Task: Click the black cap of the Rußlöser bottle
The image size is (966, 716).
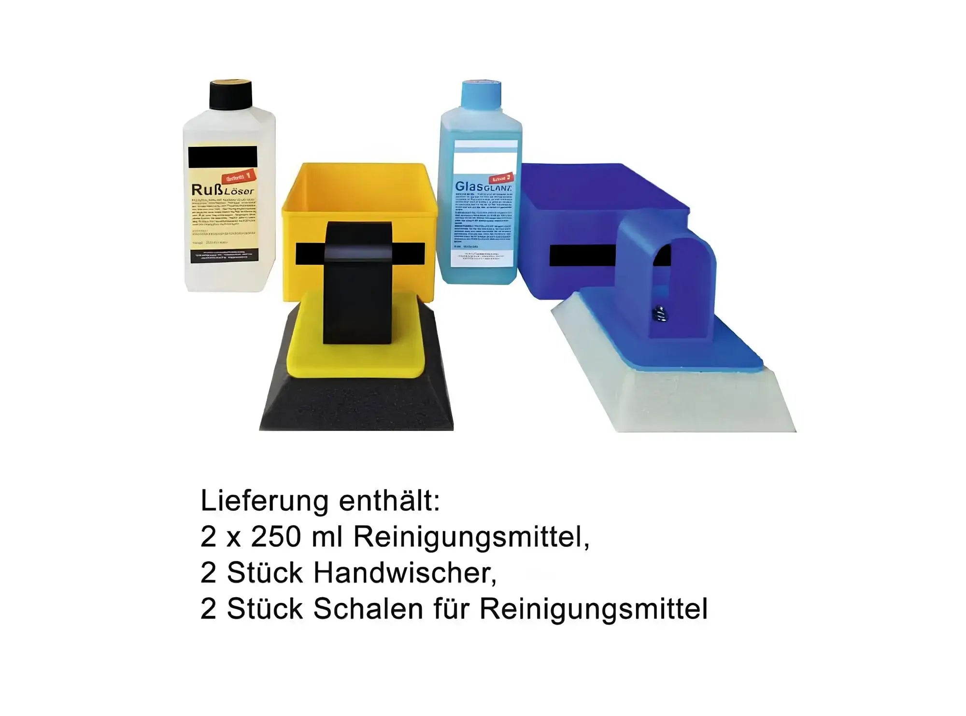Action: pyautogui.click(x=230, y=95)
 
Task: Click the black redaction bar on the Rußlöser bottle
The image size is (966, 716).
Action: pyautogui.click(x=223, y=158)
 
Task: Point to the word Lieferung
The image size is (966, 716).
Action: pyautogui.click(x=265, y=501)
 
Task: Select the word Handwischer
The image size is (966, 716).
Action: pyautogui.click(x=403, y=573)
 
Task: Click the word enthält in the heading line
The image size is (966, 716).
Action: pyautogui.click(x=389, y=501)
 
